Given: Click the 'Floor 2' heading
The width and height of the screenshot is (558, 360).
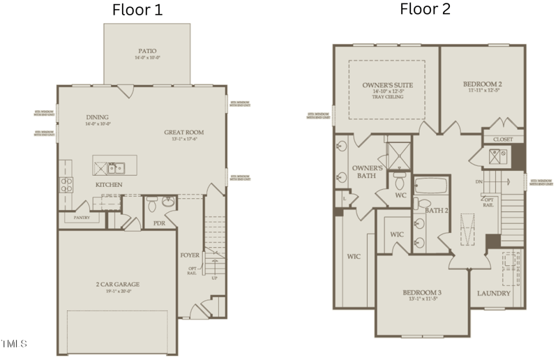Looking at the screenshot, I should pyautogui.click(x=425, y=9).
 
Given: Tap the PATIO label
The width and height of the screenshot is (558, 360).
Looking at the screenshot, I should pyautogui.click(x=146, y=51).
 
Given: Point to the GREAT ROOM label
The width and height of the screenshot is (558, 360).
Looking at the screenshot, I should pyautogui.click(x=183, y=132).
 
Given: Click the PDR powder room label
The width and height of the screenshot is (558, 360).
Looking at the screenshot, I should pyautogui.click(x=159, y=223).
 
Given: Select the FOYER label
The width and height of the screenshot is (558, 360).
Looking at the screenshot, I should pyautogui.click(x=190, y=255).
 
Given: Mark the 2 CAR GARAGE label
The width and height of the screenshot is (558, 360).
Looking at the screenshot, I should pyautogui.click(x=118, y=284).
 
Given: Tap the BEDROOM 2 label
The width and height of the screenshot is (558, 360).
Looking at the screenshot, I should pyautogui.click(x=483, y=84).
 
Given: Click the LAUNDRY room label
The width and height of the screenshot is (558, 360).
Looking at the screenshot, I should pyautogui.click(x=494, y=293).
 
